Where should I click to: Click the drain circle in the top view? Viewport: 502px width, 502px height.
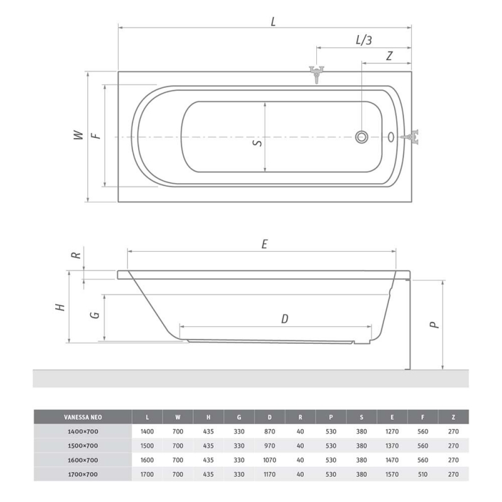point(361,137)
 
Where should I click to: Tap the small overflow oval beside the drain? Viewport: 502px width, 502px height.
point(391,137)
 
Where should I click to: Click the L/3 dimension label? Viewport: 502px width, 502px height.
point(364,40)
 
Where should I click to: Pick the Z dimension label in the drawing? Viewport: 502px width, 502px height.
point(389,56)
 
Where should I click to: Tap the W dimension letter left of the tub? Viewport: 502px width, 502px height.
point(78,135)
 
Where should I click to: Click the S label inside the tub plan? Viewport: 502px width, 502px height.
point(258,142)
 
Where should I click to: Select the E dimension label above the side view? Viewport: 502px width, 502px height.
point(264,244)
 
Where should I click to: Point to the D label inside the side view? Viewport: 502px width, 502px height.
point(285,319)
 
